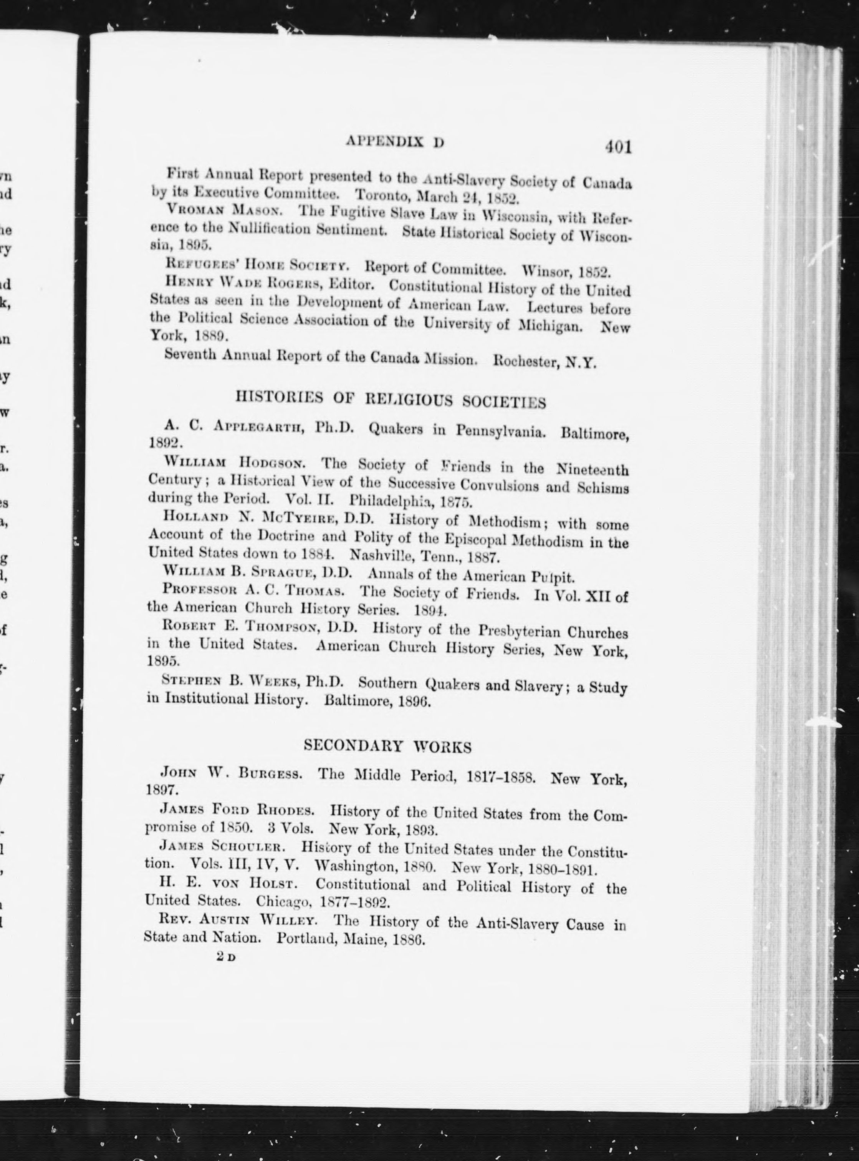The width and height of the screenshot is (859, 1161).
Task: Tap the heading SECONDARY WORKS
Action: click(387, 747)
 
